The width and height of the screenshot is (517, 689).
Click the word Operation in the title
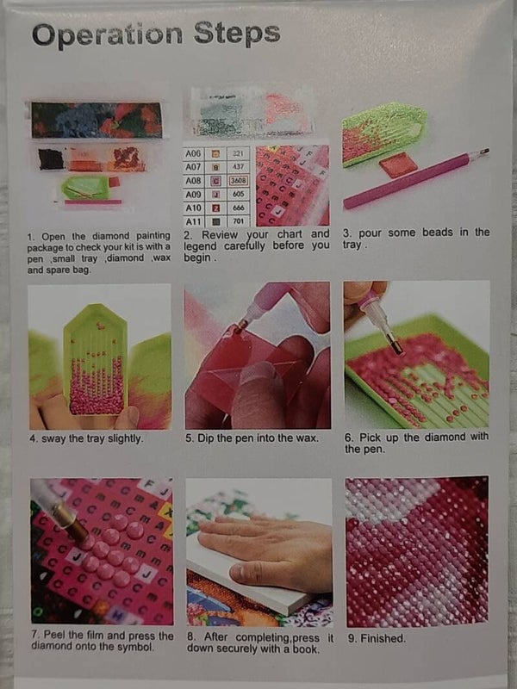click(107, 34)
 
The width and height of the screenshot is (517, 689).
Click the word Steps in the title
click(237, 34)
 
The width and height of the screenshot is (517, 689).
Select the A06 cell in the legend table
click(193, 153)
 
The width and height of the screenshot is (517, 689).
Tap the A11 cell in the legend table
click(193, 221)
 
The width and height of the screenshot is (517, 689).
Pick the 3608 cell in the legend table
click(239, 181)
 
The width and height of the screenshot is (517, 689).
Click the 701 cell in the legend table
click(239, 221)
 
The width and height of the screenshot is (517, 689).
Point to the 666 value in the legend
click(239, 208)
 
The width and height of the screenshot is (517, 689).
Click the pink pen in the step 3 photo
click(415, 179)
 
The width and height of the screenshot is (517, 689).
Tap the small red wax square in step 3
click(398, 166)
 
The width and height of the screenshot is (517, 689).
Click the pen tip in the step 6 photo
click(396, 346)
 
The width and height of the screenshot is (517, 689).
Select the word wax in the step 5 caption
click(307, 438)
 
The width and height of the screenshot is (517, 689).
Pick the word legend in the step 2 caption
click(200, 246)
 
